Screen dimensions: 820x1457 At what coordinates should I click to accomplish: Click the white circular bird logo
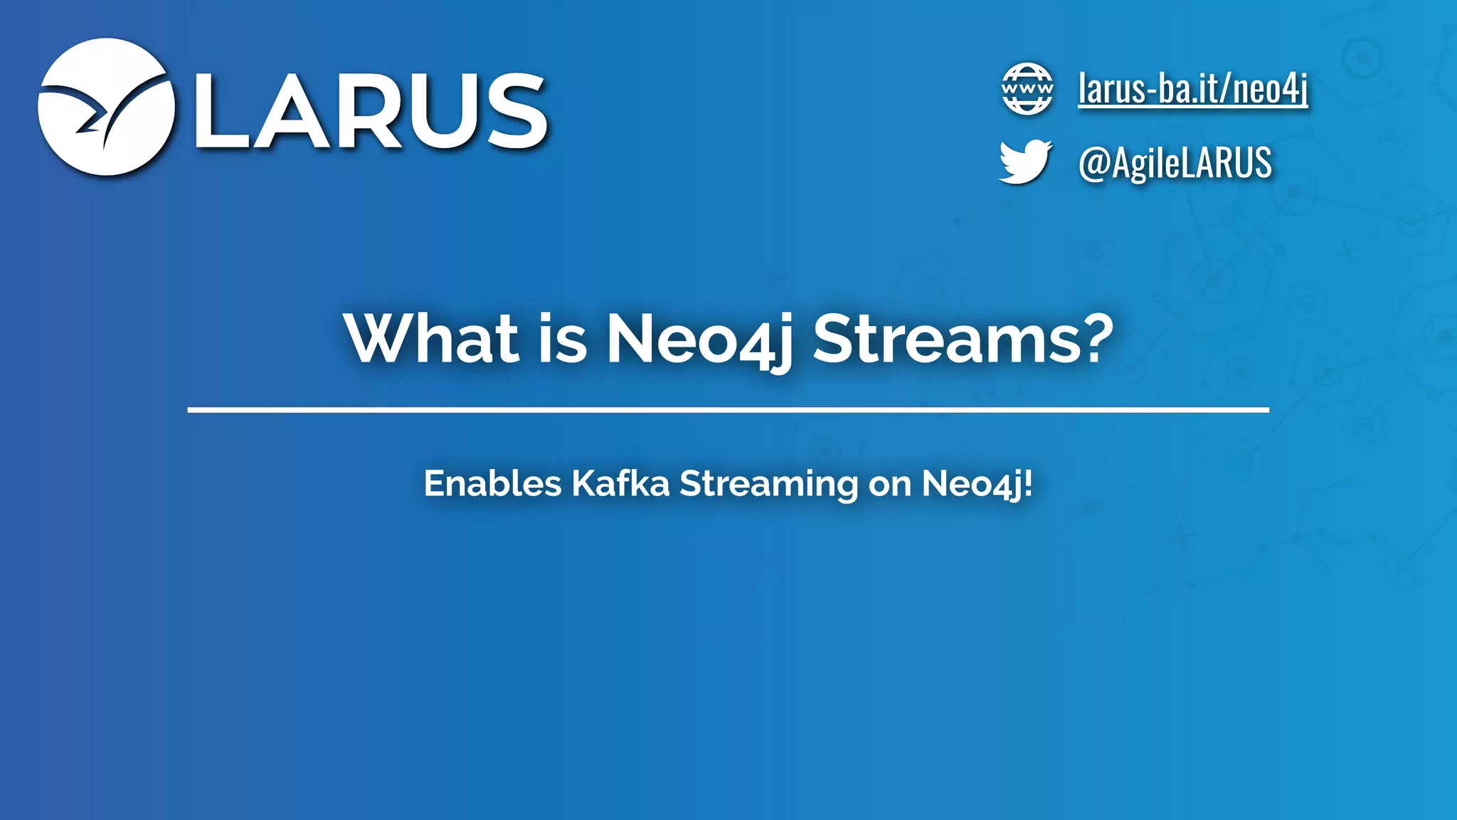[x=106, y=107]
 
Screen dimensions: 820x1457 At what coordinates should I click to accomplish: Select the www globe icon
[x=1027, y=89]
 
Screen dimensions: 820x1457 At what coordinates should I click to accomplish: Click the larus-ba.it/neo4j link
[x=1192, y=89]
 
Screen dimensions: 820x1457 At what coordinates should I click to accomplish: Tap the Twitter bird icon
[x=1024, y=162]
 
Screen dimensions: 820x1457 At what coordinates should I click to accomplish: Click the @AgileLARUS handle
[x=1175, y=162]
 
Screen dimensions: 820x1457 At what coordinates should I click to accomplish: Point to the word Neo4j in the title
[x=699, y=340]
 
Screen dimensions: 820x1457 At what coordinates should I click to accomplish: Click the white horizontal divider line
[x=728, y=410]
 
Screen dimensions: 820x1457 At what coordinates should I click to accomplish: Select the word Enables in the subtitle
[x=492, y=483]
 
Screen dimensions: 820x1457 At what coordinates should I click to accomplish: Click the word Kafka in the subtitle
[x=620, y=483]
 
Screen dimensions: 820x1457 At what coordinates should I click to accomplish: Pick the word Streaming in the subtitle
[x=768, y=484]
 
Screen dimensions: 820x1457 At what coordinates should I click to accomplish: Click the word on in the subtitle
[x=889, y=484]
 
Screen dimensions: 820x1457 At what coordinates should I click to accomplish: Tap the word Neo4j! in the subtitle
[x=976, y=484]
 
